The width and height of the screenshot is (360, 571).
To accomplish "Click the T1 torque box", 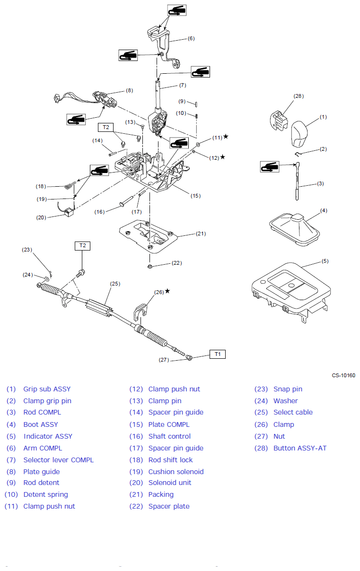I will [217, 354].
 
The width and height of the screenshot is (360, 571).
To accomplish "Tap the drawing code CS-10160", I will [343, 376].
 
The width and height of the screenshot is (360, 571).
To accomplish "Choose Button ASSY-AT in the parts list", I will [300, 448].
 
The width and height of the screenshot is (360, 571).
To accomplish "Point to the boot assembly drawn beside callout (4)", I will [294, 229].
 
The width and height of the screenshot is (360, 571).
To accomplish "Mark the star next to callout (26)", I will [167, 291].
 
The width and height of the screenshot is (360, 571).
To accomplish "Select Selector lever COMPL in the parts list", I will [58, 460].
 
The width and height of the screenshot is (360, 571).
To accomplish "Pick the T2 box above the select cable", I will [83, 245].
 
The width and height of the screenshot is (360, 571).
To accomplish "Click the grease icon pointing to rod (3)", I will [270, 166].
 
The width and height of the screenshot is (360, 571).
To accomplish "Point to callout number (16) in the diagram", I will [99, 212].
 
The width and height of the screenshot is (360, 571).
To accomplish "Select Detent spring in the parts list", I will [45, 494].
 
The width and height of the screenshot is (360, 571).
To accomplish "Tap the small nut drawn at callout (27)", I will [189, 358].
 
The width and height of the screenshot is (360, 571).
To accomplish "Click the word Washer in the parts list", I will [286, 401].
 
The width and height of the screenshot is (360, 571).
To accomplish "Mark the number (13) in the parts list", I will [136, 401].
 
